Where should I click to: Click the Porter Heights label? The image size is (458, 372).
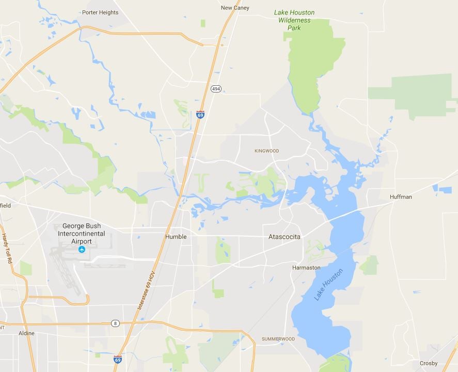pos(100,12)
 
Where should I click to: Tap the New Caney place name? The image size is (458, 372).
pos(235,8)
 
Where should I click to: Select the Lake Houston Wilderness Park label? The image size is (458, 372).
pos(294,20)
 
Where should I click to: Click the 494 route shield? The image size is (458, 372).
pos(216,89)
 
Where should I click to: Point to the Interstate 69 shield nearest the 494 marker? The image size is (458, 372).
pos(200,114)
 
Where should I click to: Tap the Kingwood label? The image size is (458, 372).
pos(266,151)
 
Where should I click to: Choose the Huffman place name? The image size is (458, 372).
pos(401,197)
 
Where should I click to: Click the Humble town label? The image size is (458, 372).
pos(176,237)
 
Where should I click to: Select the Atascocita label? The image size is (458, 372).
pos(284,237)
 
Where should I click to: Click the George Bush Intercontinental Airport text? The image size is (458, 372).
pos(82,234)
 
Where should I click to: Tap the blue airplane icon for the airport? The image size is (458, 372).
pos(82,250)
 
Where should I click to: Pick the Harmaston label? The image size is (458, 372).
pos(306,268)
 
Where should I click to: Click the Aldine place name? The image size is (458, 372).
pos(26,333)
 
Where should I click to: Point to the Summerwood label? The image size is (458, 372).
pos(278,339)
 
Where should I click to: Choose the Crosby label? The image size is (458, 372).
pos(429,363)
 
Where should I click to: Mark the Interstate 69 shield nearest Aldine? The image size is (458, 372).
pos(118,359)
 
